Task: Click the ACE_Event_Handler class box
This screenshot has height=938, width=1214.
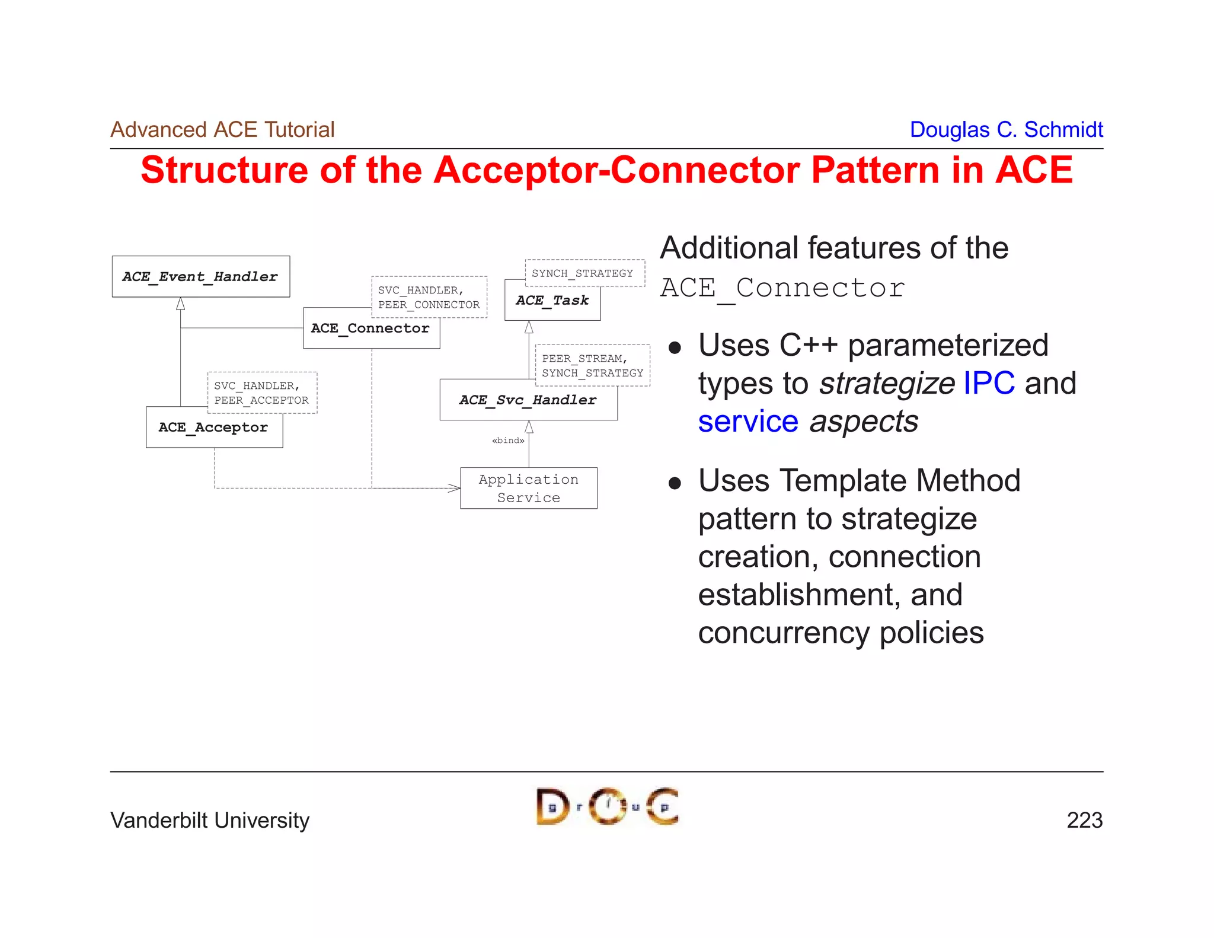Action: [200, 276]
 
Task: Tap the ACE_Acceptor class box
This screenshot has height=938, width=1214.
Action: [214, 428]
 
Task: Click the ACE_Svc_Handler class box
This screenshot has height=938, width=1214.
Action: [528, 401]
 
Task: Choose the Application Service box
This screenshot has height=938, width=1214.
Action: [528, 488]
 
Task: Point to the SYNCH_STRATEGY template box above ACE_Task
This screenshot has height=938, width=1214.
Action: [584, 273]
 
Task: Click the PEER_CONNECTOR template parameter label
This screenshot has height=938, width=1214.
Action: [429, 305]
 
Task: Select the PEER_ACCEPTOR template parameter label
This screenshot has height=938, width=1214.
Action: [261, 400]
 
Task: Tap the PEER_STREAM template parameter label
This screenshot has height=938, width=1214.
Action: [583, 359]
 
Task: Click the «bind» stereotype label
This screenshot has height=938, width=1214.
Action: [508, 441]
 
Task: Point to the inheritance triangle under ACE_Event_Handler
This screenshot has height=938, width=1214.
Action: [180, 304]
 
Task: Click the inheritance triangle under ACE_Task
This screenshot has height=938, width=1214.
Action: [529, 327]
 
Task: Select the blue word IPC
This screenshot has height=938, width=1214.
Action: [989, 383]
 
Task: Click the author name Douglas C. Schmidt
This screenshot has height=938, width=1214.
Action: [1006, 130]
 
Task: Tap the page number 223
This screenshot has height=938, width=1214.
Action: [1084, 820]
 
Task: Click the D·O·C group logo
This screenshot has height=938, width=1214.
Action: [607, 806]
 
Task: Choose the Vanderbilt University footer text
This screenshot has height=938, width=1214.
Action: [210, 820]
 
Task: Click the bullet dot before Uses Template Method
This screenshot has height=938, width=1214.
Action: [675, 483]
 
